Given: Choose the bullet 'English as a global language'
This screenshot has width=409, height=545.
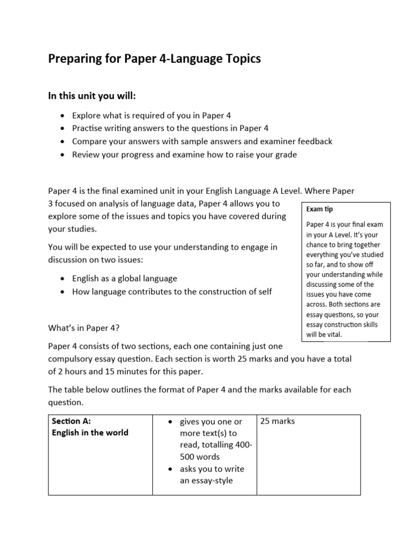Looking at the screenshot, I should tap(125, 278).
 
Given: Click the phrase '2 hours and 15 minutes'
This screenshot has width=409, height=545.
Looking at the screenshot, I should tap(101, 372).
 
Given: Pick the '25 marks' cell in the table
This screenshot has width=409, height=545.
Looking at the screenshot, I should tap(277, 422).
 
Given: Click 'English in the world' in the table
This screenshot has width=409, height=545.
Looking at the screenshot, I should tap(90, 433).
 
